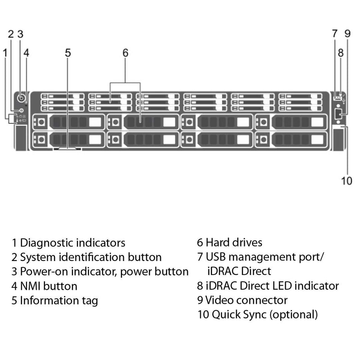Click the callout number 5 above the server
[x=67, y=53]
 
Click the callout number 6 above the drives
[x=125, y=53]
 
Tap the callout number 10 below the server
[x=346, y=181]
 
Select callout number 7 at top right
[x=334, y=33]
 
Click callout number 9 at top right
[x=347, y=33]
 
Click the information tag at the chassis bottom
[x=67, y=148]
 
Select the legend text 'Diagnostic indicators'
[x=72, y=243]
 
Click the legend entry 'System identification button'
[x=90, y=257]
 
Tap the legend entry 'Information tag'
[x=58, y=301]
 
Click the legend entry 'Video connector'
[x=246, y=300]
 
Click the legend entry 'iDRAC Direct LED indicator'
[x=272, y=286]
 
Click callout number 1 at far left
[x=5, y=53]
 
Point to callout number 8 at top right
[x=341, y=53]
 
